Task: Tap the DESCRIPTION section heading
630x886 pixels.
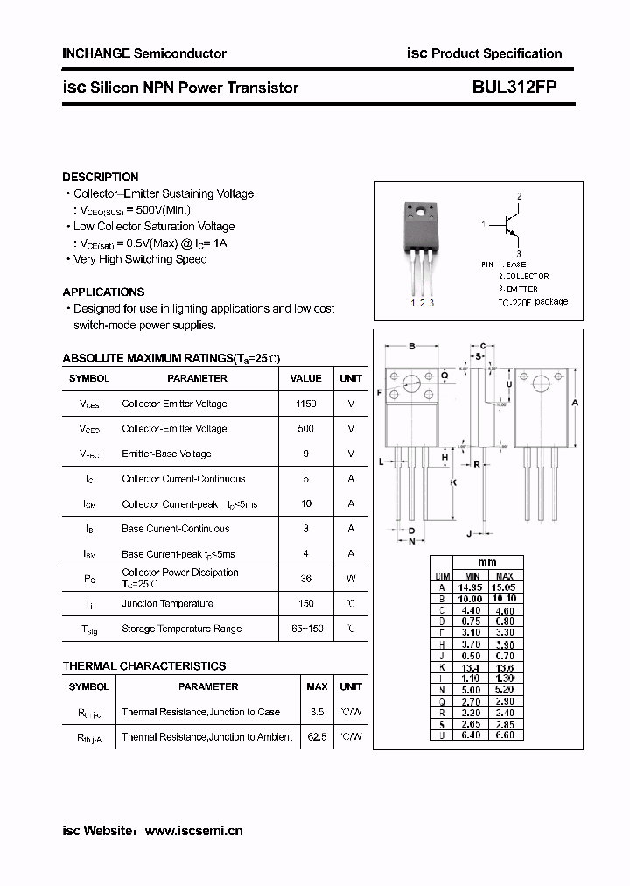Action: [101, 177]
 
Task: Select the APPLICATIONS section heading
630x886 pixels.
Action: [103, 292]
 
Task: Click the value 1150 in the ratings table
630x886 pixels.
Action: [305, 404]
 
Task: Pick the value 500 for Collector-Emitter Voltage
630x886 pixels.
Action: [305, 429]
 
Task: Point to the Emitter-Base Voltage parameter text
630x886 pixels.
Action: [166, 454]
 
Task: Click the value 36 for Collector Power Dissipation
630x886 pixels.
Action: [305, 579]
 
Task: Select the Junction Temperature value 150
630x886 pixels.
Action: [305, 603]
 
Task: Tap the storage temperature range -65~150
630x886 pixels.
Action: [305, 629]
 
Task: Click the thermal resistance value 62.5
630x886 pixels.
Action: [317, 737]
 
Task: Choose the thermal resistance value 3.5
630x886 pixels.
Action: [317, 712]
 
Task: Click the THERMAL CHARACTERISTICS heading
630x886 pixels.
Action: [144, 666]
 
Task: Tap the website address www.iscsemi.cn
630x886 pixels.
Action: [193, 831]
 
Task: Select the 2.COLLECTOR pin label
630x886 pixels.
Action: [523, 276]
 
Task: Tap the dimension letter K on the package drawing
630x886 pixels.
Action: [453, 482]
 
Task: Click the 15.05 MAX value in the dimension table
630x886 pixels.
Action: [505, 587]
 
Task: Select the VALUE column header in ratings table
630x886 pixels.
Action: [305, 378]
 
